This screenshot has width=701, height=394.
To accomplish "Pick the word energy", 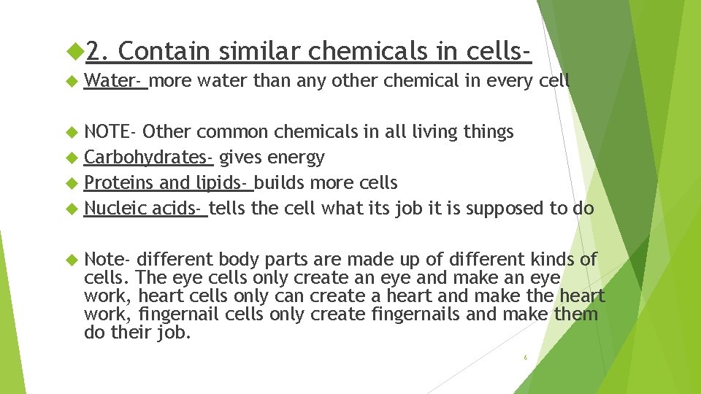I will [x=296, y=158].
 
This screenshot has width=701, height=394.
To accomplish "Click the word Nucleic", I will [x=115, y=209].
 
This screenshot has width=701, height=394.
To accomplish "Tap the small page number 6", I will [x=525, y=358].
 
